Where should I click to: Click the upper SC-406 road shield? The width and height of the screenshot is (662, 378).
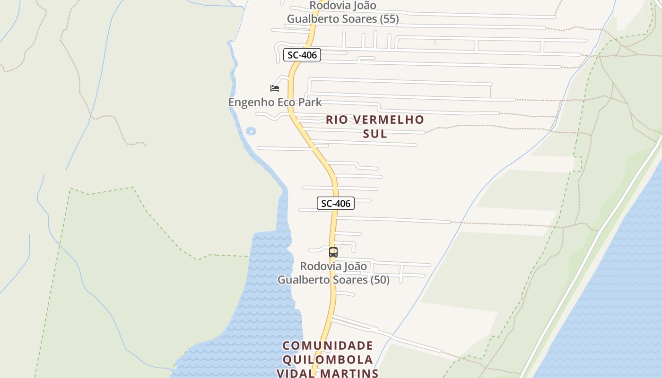pos(302,55)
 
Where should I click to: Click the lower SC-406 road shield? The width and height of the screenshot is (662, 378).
pos(335,204)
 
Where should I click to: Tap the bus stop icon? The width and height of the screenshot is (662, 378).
pos(333,252)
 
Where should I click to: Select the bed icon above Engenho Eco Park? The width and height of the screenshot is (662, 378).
pos(275,88)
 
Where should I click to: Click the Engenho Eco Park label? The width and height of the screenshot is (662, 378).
pos(275,102)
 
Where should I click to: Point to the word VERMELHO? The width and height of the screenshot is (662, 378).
pos(388,120)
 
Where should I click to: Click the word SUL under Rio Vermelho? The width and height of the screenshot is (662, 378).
pos(375,134)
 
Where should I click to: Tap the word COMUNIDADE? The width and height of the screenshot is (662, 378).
pos(328,345)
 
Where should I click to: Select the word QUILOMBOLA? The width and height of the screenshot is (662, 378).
pos(328,360)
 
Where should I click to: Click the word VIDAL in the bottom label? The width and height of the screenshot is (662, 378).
pos(296,373)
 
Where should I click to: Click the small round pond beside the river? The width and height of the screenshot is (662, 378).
pos(251,131)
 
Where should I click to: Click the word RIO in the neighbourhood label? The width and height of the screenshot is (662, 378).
pos(336,120)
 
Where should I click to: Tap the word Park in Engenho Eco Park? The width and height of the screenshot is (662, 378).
pos(311,102)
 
